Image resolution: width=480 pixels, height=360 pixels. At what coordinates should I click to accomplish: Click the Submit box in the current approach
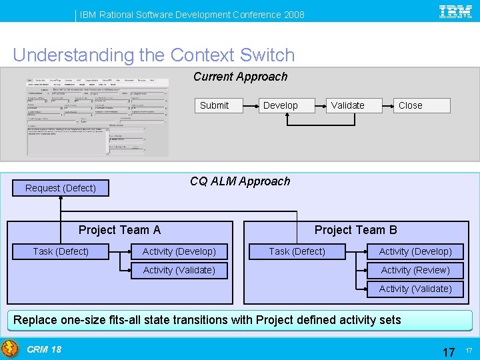(214, 105)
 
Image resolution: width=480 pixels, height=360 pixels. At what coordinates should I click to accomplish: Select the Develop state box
(281, 105)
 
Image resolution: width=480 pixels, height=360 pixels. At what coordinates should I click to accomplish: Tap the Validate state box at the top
(348, 105)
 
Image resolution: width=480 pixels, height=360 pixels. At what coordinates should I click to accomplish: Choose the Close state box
(411, 105)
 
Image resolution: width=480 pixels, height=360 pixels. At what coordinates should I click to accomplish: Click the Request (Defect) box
(61, 188)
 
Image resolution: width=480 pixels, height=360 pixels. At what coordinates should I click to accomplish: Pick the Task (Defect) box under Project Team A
(61, 251)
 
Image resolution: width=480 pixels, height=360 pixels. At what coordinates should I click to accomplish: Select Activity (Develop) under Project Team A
(179, 251)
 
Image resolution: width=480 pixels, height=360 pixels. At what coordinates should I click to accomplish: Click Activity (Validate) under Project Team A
(179, 270)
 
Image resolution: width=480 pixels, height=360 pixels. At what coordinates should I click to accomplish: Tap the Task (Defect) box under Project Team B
(297, 251)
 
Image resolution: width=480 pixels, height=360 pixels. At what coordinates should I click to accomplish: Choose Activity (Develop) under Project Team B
(415, 251)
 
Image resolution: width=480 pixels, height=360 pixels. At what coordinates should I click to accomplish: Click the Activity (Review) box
(415, 270)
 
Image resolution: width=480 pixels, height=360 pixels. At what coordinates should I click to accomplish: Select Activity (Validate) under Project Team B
(415, 289)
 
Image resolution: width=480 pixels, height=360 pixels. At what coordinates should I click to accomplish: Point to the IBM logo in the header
(456, 11)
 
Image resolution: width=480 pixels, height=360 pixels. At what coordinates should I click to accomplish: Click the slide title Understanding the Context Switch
(153, 55)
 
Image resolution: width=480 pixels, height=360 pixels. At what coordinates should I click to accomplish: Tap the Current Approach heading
(240, 77)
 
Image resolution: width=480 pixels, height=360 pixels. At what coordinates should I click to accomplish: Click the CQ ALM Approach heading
(240, 181)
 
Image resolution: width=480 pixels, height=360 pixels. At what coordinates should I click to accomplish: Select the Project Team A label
(119, 230)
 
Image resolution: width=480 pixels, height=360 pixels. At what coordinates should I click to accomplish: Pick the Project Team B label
(355, 230)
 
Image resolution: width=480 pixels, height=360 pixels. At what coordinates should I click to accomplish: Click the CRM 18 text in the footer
(44, 349)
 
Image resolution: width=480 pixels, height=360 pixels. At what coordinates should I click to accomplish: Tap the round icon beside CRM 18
(10, 349)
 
